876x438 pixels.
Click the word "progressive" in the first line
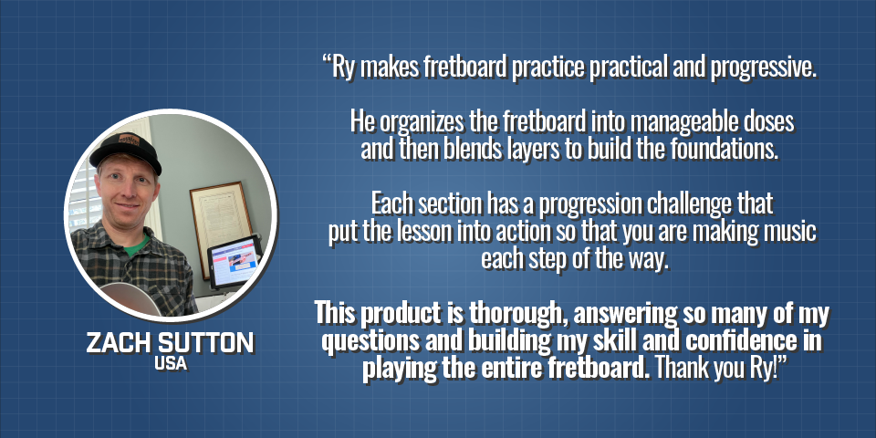point(761,68)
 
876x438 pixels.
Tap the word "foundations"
point(725,150)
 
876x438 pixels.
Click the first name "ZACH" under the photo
point(115,342)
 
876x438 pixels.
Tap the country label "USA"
point(171,364)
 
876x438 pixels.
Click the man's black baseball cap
point(126,150)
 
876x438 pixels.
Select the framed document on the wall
point(222,225)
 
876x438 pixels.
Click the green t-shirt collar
point(136,245)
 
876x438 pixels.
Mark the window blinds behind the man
point(86,197)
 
